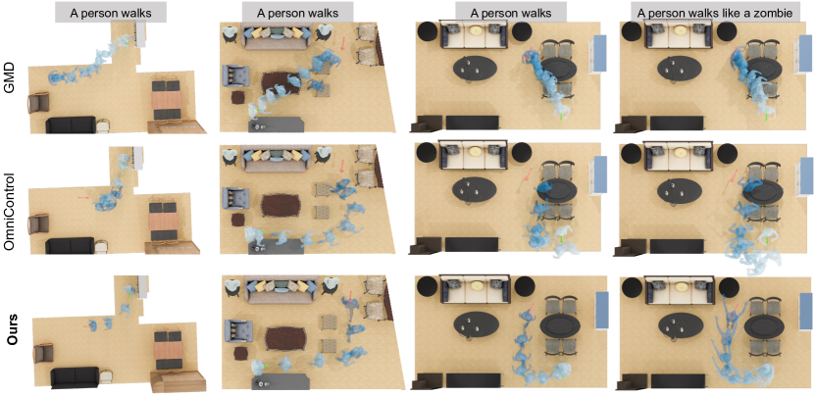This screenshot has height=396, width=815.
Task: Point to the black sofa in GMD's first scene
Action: [x=71, y=124]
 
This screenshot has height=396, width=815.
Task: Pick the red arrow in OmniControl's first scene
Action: [x=83, y=197]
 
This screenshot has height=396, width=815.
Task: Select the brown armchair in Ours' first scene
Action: [x=42, y=355]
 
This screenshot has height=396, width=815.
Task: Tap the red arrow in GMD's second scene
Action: [x=342, y=43]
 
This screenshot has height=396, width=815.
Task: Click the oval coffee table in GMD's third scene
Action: [x=475, y=69]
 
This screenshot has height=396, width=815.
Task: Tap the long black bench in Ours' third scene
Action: [x=472, y=380]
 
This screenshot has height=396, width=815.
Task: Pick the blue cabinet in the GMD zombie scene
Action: [x=803, y=54]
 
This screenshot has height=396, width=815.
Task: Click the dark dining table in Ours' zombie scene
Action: [x=764, y=327]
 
